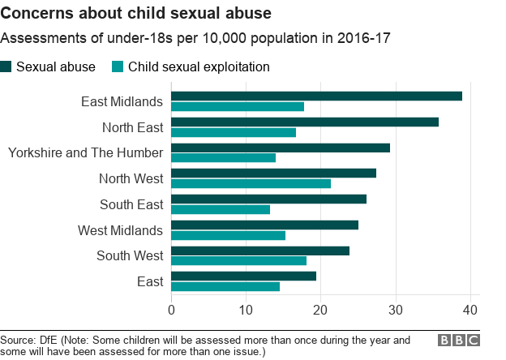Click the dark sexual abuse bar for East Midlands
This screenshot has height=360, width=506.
pos(316,96)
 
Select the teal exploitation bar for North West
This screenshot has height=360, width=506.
pos(251,183)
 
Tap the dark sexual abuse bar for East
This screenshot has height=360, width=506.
pos(243,276)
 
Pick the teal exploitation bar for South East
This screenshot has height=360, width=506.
pos(221,209)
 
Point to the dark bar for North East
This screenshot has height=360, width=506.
pos(305,122)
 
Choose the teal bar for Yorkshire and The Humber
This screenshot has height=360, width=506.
pos(223,157)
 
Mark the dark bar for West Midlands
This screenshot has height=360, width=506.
pos(264,225)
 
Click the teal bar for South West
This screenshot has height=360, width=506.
pos(238,260)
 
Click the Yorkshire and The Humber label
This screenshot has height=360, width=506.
pos(85,152)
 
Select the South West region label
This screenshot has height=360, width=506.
pos(130,255)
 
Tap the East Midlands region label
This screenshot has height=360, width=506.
pos(122,101)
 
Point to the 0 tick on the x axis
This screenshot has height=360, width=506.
pos(171,309)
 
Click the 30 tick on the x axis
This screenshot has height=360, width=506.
pos(396,309)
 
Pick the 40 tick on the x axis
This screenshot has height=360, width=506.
pos(470,309)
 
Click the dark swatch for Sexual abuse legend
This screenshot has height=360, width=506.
pos(7,66)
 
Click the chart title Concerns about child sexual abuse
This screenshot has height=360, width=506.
pos(135,14)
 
